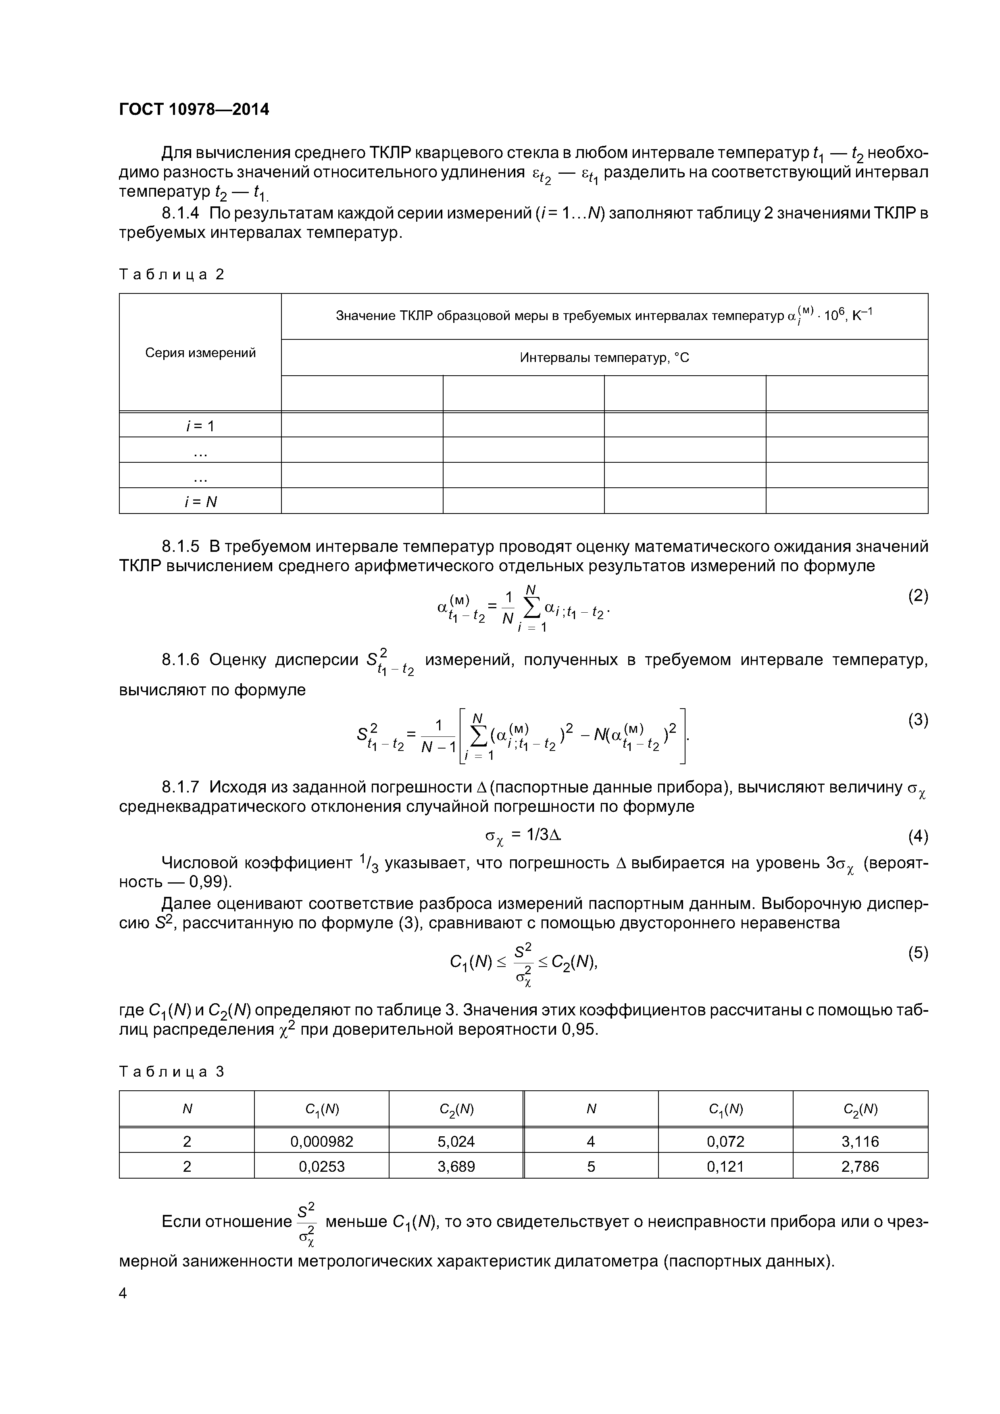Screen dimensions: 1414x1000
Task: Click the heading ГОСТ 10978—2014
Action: pos(194,110)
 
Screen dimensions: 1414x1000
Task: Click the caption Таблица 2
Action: pos(171,274)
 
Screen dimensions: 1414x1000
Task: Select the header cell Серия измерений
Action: pos(200,353)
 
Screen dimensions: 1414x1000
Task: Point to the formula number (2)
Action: pos(917,595)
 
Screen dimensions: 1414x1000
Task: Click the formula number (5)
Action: pos(917,953)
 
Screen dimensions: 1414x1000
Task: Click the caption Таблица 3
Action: pos(171,1072)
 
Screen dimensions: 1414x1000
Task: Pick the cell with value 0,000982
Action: pos(322,1141)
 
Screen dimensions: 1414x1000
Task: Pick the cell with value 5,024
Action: pos(456,1141)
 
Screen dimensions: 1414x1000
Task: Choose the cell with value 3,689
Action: pos(456,1167)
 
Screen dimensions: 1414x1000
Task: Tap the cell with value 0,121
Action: pos(725,1167)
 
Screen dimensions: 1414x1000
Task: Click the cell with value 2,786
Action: pos(860,1167)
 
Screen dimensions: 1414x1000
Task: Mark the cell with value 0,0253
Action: pos(322,1167)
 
